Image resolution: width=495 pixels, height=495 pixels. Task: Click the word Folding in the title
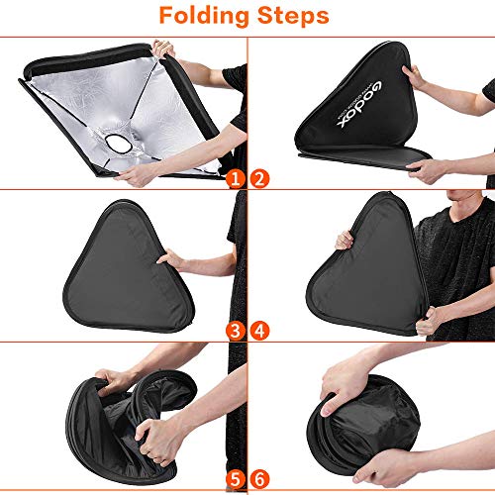(197, 17)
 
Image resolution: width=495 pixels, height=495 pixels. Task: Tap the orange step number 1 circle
(235, 178)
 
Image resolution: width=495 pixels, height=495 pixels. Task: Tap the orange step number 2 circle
(260, 178)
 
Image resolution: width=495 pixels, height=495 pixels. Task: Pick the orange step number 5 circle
(235, 479)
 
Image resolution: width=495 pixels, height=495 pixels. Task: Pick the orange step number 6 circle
(260, 479)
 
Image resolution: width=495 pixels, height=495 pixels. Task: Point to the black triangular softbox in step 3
(109, 262)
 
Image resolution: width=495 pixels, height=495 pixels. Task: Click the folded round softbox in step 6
(337, 436)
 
